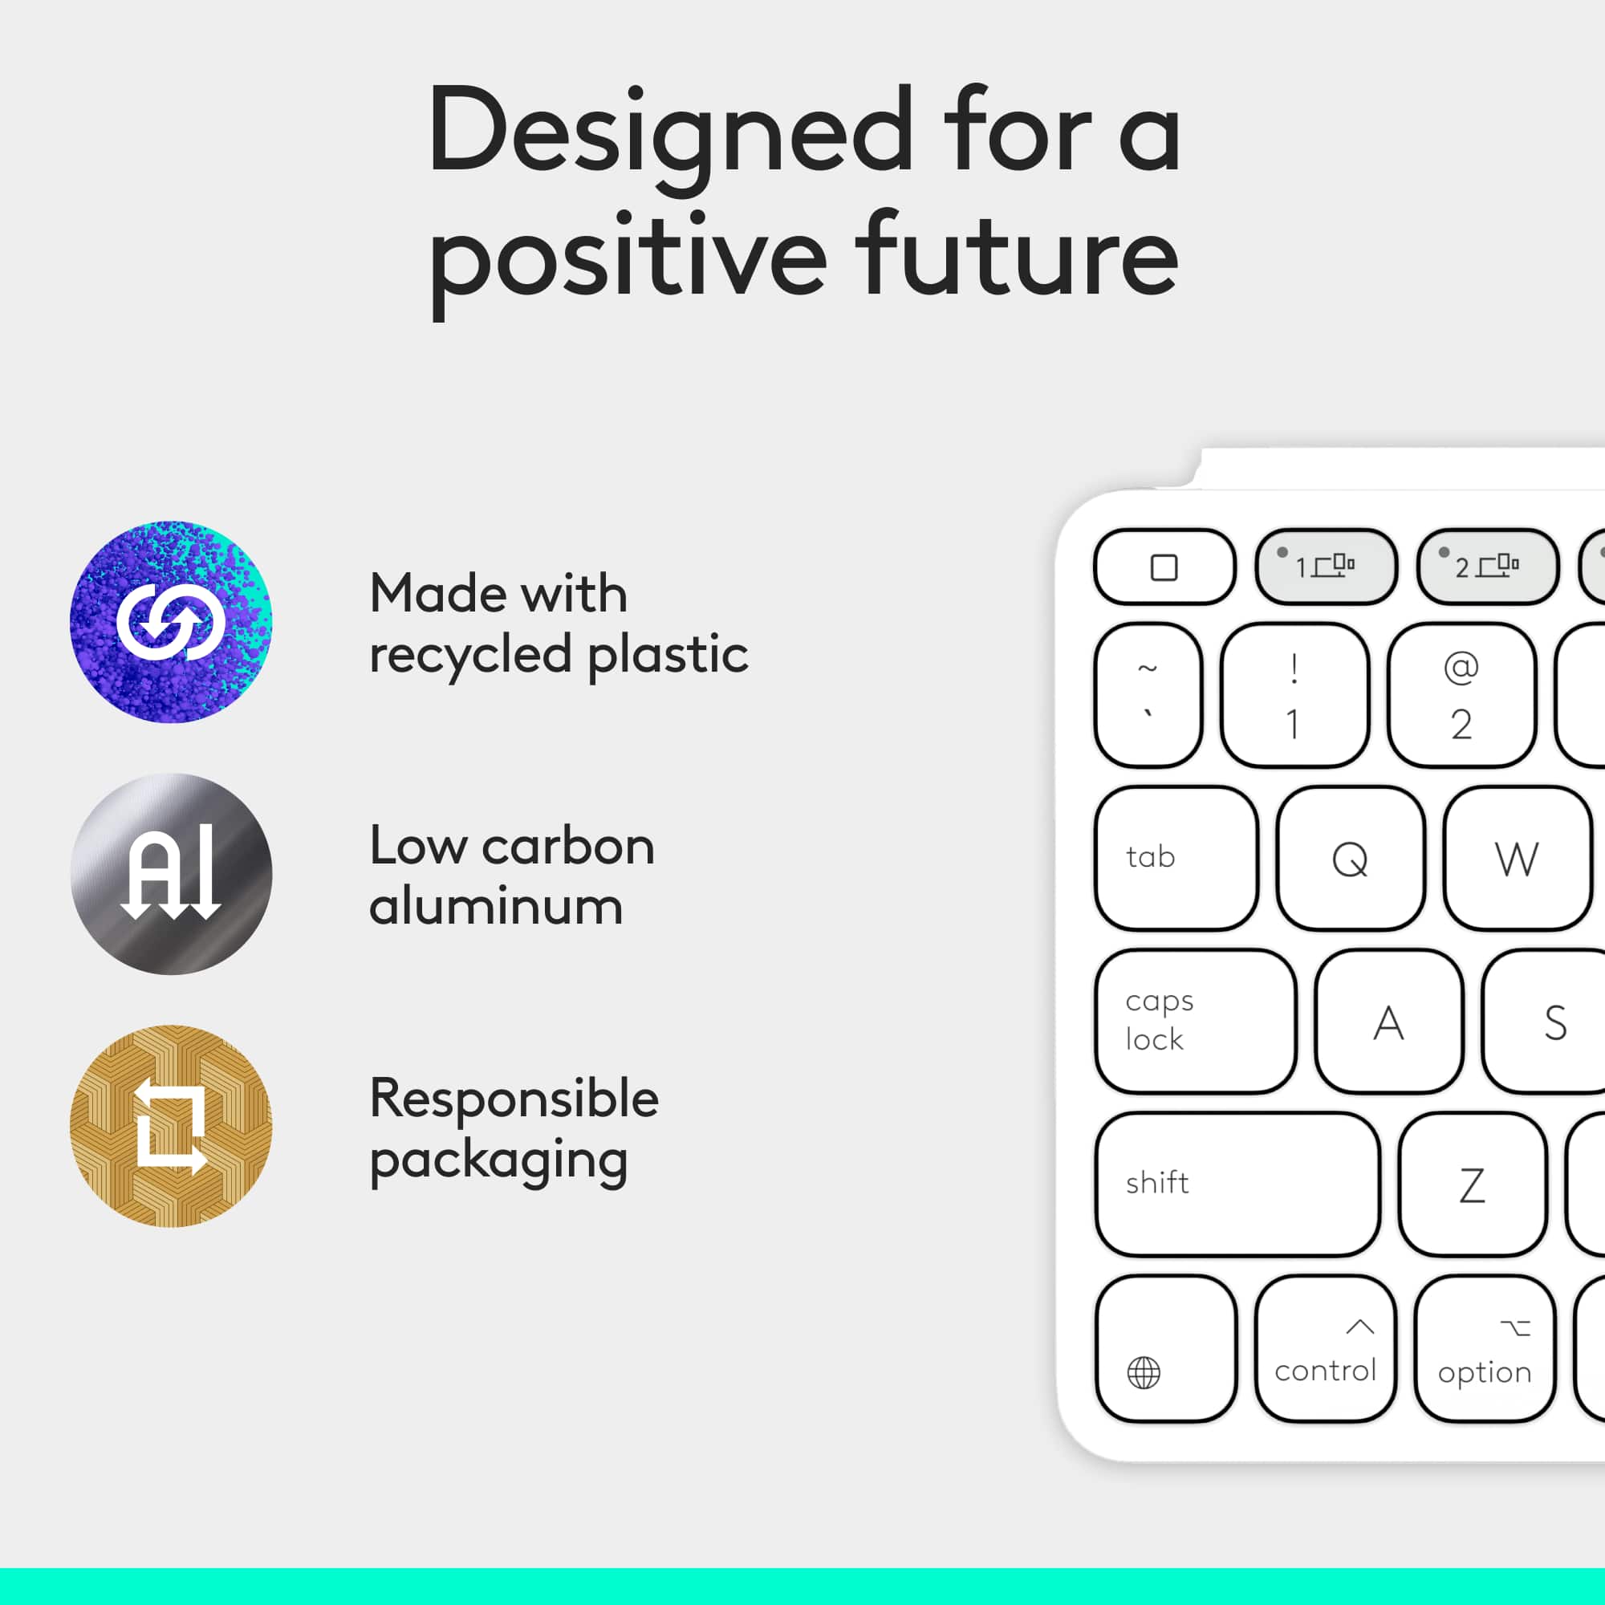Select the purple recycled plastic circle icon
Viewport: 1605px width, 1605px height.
tap(171, 621)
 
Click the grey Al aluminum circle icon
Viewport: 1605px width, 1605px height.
tap(171, 873)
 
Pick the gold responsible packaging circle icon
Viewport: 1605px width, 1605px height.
tap(171, 1126)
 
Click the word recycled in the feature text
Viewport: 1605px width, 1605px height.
tap(470, 655)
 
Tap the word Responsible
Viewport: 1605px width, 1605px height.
tap(514, 1099)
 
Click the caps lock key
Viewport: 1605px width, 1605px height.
tap(1195, 1021)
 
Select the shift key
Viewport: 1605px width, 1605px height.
tap(1236, 1184)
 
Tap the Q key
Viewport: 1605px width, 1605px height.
tap(1350, 858)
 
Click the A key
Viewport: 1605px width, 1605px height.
tap(1388, 1021)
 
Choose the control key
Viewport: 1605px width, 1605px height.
tap(1325, 1348)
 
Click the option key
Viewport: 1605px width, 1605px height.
tap(1485, 1348)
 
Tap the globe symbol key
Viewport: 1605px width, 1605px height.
tap(1164, 1348)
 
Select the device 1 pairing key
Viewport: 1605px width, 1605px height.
tap(1326, 567)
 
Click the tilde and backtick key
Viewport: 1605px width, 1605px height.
tap(1148, 694)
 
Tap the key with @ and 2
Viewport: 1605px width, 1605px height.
tap(1461, 694)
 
